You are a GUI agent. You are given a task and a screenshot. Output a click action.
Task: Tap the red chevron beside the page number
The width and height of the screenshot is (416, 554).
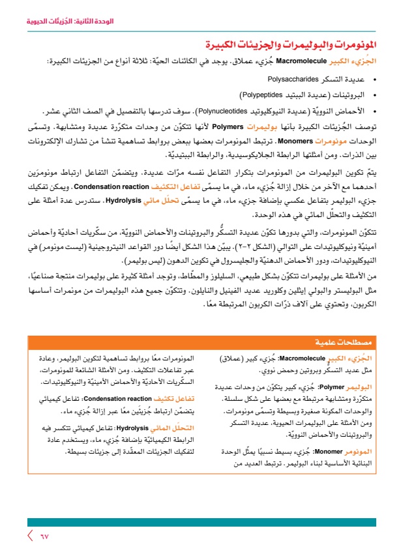coord(29,536)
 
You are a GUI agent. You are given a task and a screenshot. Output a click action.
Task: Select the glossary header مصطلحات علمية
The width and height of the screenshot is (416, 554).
coord(356,342)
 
